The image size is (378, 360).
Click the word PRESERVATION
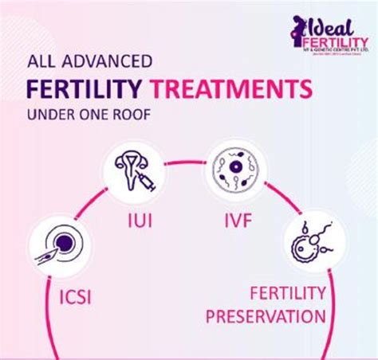[266, 316]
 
